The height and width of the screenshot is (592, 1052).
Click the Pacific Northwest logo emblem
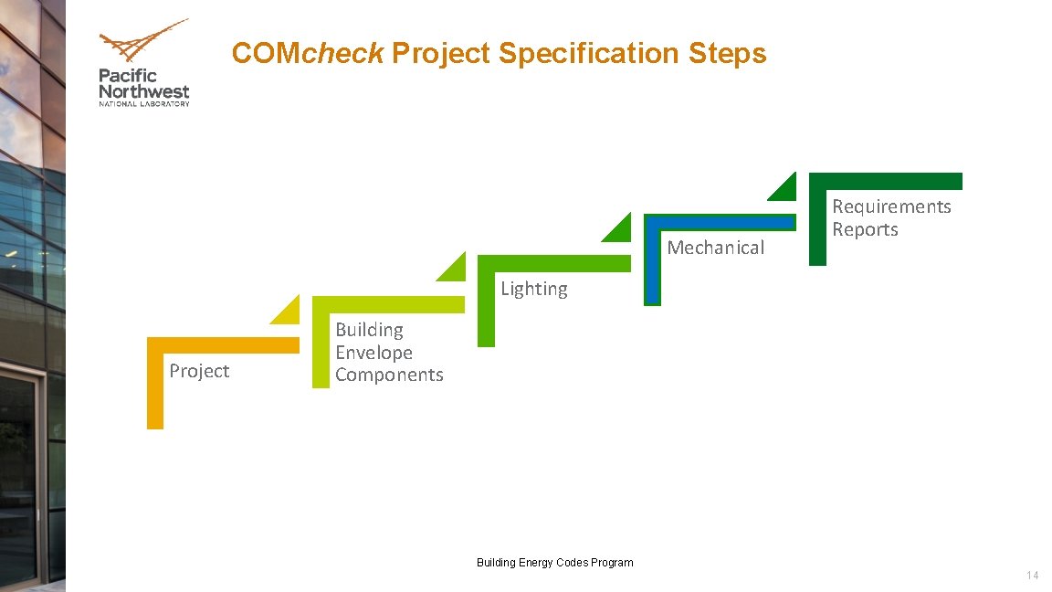pyautogui.click(x=142, y=42)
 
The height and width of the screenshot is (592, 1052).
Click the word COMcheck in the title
pyautogui.click(x=307, y=53)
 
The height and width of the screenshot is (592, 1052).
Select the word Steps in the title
pyautogui.click(x=727, y=53)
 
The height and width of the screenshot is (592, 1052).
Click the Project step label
pyautogui.click(x=199, y=371)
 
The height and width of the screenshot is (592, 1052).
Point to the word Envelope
pyautogui.click(x=373, y=353)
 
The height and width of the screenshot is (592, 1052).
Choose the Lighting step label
pyautogui.click(x=534, y=289)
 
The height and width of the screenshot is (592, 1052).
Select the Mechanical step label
pyautogui.click(x=716, y=248)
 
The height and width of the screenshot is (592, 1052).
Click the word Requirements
pyautogui.click(x=891, y=206)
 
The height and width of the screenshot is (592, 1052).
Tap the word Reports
pyautogui.click(x=865, y=229)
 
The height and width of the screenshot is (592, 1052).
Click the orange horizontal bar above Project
pyautogui.click(x=224, y=345)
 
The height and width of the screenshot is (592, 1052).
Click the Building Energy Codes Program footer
pyautogui.click(x=554, y=563)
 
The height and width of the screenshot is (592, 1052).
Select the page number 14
pyautogui.click(x=1032, y=576)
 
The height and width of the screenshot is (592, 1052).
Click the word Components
pyautogui.click(x=389, y=375)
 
